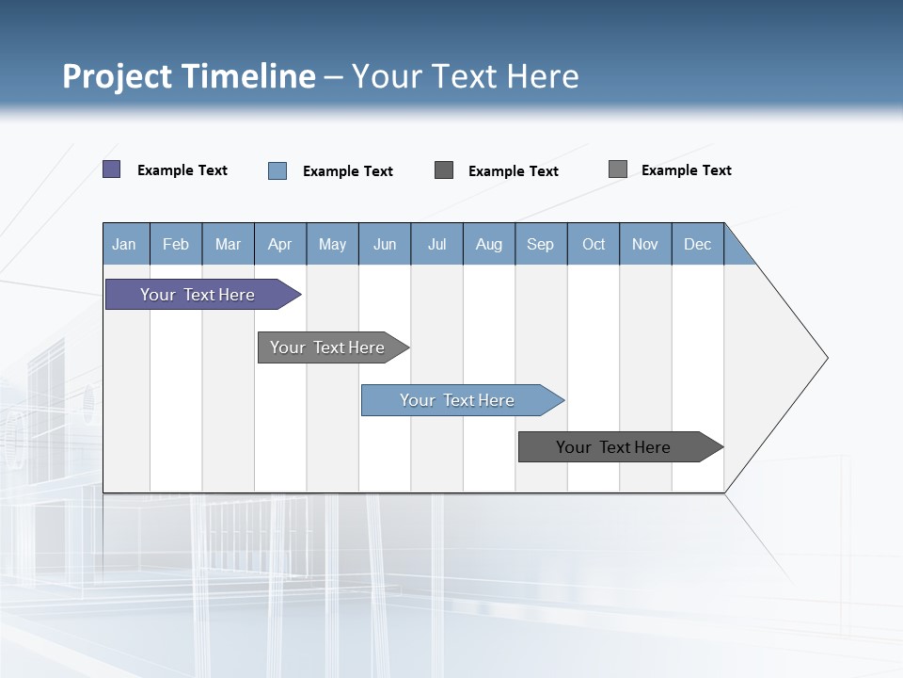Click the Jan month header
coord(125,244)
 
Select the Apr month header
coord(280,244)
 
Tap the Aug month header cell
coord(489,244)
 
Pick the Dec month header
coord(698,244)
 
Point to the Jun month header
coord(385,244)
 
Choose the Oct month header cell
coord(594,244)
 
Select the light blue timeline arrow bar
coord(459,400)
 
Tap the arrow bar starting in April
coord(329,347)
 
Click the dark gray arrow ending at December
coord(616,447)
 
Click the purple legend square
coord(112,169)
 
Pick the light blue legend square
coord(277,170)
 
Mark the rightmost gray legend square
coord(618,169)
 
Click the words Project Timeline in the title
coord(188,76)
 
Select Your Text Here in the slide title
coord(466,76)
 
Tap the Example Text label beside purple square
coord(182,170)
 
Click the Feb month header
coord(176,244)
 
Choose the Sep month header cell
coord(541,244)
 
